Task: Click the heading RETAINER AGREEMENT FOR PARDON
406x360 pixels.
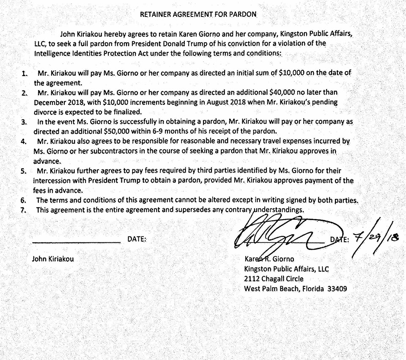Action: (198, 14)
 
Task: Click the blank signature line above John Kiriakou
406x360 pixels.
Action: (76, 242)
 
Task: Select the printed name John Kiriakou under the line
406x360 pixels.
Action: (53, 259)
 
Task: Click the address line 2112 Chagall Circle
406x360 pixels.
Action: (274, 279)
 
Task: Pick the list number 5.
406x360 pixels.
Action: (24, 171)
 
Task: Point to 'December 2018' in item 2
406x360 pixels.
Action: (55, 102)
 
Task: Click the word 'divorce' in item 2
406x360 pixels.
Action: (46, 112)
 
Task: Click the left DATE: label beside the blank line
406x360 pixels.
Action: (137, 239)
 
